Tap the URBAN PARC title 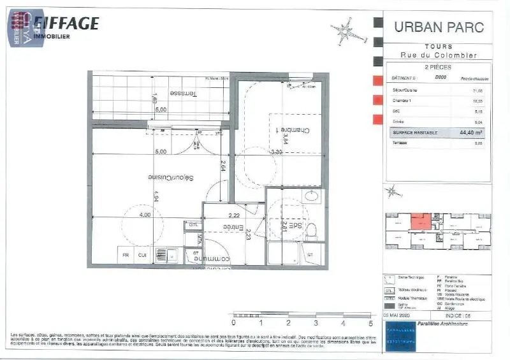(439, 27)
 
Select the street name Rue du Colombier (439, 55)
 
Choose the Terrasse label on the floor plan (182, 93)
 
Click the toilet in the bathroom (312, 230)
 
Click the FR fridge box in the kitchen (126, 256)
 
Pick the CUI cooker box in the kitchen (143, 256)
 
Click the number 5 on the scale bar (370, 323)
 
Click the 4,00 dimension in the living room (145, 215)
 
